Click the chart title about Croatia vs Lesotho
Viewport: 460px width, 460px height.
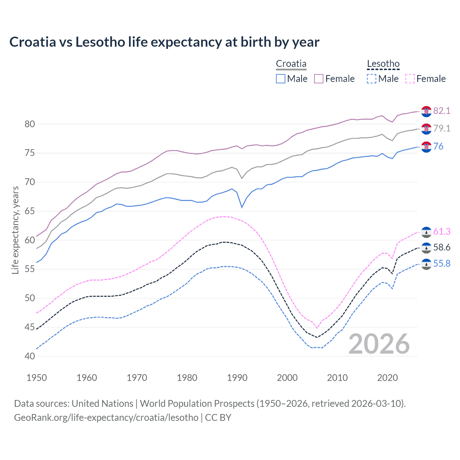click(164, 42)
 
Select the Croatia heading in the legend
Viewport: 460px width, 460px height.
click(291, 64)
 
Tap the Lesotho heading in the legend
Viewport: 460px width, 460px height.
click(383, 64)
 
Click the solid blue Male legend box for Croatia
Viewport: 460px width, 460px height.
click(281, 79)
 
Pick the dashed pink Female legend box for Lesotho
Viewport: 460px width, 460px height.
click(410, 79)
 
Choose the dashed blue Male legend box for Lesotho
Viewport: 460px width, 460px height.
click(372, 79)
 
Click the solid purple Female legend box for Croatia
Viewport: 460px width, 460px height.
click(319, 79)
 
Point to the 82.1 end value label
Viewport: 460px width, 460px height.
click(442, 111)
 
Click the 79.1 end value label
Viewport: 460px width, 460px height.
click(442, 128)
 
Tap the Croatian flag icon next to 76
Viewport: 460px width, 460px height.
click(426, 147)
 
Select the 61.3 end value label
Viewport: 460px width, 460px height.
click(442, 231)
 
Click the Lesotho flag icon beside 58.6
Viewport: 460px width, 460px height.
click(426, 248)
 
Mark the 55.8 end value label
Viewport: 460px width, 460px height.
click(442, 263)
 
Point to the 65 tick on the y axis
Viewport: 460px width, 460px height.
click(30, 211)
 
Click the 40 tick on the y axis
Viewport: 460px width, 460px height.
click(30, 356)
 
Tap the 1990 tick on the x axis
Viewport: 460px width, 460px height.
click(237, 378)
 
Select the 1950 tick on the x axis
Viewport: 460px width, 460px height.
click(37, 378)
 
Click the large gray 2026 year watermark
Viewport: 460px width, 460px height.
click(379, 344)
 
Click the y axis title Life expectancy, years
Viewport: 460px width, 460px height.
click(15, 230)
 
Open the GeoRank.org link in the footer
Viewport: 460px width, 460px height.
click(106, 417)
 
